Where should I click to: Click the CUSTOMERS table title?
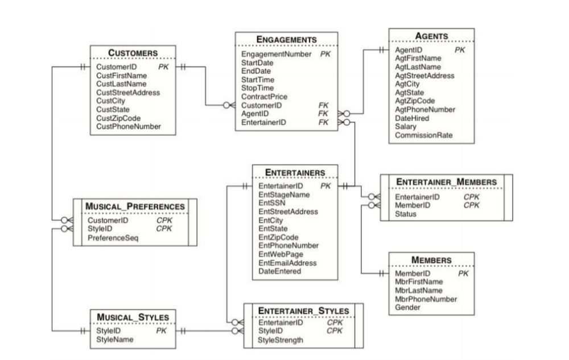(x=133, y=53)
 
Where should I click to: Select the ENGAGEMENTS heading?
(x=286, y=39)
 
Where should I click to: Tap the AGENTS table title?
(x=431, y=36)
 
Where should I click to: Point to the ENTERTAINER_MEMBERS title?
(x=446, y=182)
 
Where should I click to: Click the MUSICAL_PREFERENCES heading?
(x=135, y=206)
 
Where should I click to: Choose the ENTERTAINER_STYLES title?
(x=303, y=311)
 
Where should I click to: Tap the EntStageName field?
(x=284, y=195)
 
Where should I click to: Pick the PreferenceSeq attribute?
(x=113, y=238)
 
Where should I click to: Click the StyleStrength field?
(x=281, y=340)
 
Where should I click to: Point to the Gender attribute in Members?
(x=407, y=308)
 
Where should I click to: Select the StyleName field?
(x=115, y=340)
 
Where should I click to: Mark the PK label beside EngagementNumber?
(x=325, y=54)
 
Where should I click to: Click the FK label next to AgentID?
(x=324, y=114)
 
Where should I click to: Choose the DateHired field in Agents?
(x=412, y=118)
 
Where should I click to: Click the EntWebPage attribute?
(x=281, y=254)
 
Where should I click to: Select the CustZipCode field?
(x=118, y=118)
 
